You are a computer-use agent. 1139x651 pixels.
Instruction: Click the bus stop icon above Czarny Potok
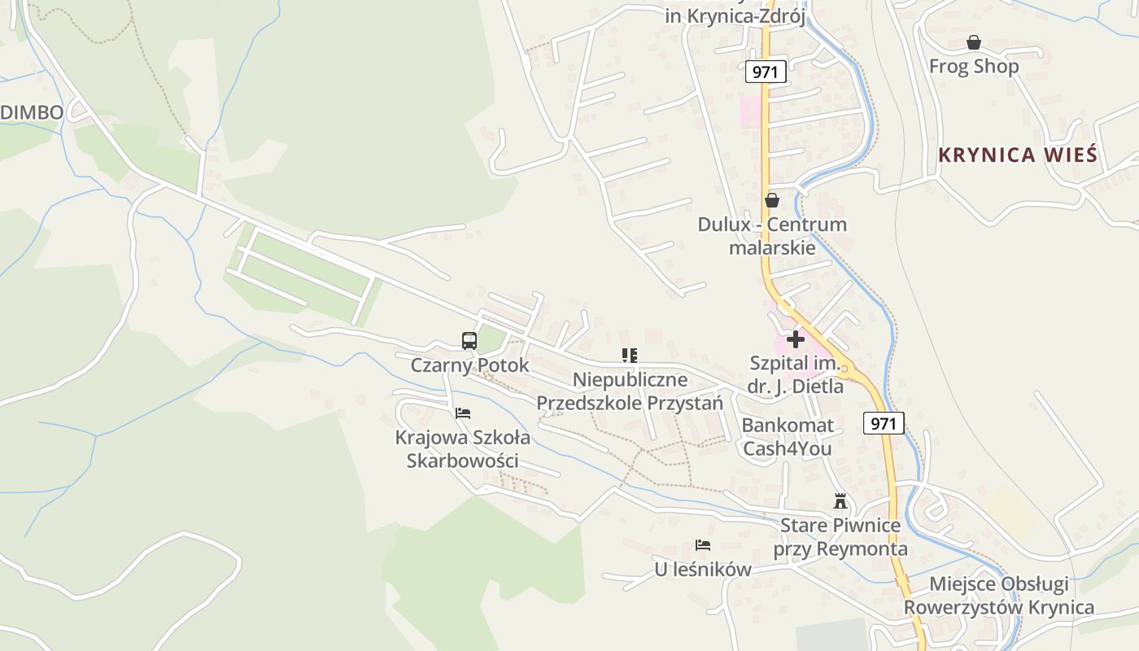point(469,341)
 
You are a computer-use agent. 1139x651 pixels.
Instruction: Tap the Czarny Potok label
point(469,365)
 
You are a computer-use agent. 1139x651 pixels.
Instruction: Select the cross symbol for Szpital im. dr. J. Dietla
point(796,339)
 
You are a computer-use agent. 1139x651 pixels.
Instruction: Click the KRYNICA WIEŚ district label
point(1018,155)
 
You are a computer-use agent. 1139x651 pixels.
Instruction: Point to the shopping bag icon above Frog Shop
point(973,42)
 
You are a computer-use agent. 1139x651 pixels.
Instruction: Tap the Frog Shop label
point(974,67)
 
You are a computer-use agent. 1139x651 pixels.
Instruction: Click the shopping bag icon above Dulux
point(771,200)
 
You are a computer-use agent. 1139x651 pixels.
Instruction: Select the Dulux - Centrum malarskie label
point(772,236)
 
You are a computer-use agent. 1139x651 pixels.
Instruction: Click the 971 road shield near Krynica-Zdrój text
point(766,72)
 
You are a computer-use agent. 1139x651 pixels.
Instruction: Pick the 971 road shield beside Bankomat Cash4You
point(883,423)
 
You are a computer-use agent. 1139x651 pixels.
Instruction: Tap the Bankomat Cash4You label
point(788,437)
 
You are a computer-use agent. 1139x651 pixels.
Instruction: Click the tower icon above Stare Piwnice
point(840,501)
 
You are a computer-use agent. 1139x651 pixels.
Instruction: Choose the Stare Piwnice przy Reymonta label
point(840,537)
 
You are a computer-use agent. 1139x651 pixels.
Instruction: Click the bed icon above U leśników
point(703,545)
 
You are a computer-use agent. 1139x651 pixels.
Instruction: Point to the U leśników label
point(703,570)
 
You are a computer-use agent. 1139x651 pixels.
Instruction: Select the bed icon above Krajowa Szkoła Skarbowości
point(463,413)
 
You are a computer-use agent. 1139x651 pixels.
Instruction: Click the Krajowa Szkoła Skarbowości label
point(463,449)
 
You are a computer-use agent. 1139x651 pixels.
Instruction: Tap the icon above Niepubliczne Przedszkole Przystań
point(629,355)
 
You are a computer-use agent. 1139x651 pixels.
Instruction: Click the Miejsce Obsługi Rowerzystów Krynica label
point(998,596)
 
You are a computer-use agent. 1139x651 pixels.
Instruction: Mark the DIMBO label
point(32,113)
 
